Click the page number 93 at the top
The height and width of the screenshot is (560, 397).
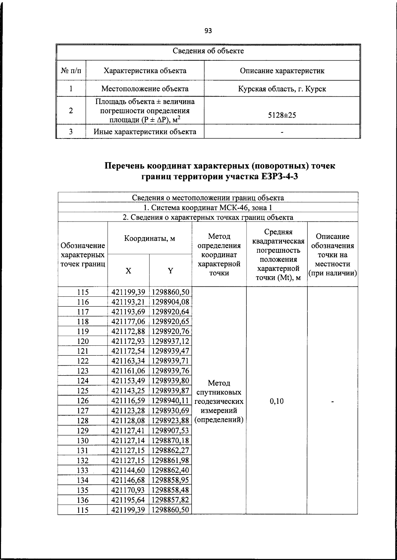[x=208, y=31]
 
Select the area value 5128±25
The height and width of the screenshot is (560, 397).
[x=282, y=115]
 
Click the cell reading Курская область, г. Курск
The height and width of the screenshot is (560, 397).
[x=282, y=89]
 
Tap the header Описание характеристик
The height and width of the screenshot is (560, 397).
[x=282, y=71]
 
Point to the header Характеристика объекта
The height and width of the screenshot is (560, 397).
[x=145, y=71]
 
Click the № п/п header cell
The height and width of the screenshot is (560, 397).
[x=71, y=71]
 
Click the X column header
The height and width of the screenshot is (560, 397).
[x=128, y=271]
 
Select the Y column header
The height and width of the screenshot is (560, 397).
[x=170, y=271]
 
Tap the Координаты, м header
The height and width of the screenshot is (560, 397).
[x=150, y=238]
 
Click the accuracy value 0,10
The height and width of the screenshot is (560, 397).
[x=277, y=401]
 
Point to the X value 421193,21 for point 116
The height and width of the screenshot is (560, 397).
[x=128, y=302]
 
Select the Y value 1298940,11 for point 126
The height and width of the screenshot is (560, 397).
[x=170, y=401]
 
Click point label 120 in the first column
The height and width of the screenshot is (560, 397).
[x=83, y=341]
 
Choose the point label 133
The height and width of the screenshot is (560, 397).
[x=83, y=470]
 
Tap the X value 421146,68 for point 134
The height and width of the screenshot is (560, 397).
[x=128, y=480]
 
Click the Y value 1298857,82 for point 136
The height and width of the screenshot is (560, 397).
[x=170, y=500]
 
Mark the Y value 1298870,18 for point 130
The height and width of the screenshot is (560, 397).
[x=170, y=440]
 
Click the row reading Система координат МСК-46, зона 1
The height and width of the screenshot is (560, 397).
[x=208, y=208]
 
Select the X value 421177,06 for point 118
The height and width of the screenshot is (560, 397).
[x=128, y=322]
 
